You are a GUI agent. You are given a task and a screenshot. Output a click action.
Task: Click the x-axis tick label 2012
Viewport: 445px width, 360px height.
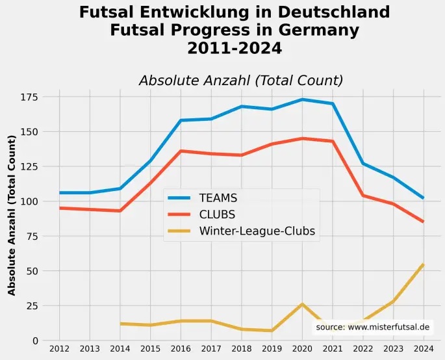59,349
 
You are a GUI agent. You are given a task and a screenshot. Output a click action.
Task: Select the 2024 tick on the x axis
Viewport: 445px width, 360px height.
423,349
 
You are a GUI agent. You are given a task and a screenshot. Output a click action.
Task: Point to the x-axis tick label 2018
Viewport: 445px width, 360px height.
241,349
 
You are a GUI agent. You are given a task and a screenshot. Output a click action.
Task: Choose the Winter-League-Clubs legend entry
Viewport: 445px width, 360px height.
257,231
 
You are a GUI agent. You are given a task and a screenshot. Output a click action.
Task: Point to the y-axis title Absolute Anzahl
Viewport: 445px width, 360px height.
12,215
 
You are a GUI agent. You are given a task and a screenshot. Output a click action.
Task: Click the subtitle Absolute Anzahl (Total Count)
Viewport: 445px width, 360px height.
240,81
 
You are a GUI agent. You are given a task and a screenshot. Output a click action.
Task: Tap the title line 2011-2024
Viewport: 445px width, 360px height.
234,48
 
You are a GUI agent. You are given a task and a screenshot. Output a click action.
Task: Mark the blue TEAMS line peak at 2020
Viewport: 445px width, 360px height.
302,99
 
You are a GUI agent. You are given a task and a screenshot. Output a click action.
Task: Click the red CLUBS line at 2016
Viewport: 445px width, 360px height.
181,151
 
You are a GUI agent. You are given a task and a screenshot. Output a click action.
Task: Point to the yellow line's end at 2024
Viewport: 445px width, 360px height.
423,264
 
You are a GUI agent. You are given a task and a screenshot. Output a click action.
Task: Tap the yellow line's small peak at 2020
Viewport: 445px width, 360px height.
302,304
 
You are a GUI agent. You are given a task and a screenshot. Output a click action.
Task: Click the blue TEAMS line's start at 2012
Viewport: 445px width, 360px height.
60,193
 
